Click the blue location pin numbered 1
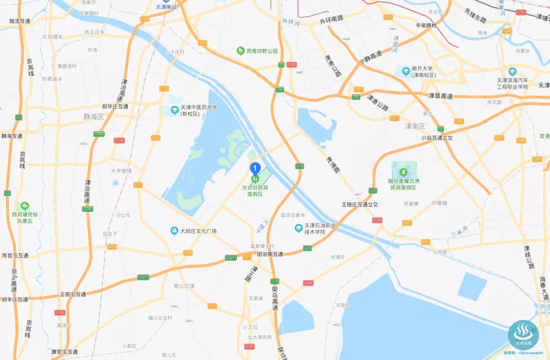[255, 168]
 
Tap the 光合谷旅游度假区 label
[255, 190]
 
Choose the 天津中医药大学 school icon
[175, 110]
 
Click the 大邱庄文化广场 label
[198, 231]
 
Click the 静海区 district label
[93, 117]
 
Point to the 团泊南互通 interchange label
[269, 254]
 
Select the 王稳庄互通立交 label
[360, 204]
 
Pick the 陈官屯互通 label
[15, 255]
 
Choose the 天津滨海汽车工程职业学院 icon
[512, 72]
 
